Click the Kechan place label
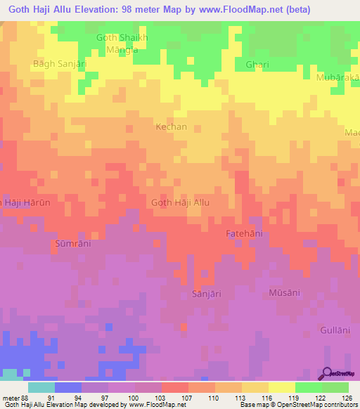(171, 127)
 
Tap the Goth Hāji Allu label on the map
(181, 202)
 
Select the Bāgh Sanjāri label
(59, 63)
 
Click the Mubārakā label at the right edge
(337, 77)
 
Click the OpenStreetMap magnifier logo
(328, 375)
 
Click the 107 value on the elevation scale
(188, 398)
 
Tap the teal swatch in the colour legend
(41, 387)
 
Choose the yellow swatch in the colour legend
(281, 387)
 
